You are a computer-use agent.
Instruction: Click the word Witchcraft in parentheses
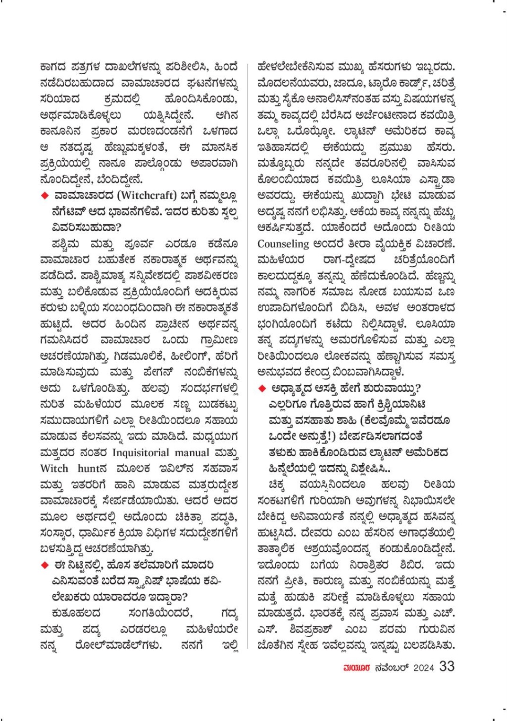click(147, 195)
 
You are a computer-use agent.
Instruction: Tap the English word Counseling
click(283, 244)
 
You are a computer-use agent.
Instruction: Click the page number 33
click(446, 666)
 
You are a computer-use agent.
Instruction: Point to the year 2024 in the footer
click(423, 668)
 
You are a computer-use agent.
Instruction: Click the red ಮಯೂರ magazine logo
click(357, 668)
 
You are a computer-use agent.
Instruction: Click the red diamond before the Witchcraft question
click(45, 195)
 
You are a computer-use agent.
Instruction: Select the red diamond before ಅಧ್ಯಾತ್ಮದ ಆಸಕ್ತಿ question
click(262, 389)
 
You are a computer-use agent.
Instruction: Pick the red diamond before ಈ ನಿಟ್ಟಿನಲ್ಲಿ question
click(45, 565)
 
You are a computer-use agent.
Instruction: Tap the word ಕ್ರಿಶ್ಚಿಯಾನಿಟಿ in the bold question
click(396, 405)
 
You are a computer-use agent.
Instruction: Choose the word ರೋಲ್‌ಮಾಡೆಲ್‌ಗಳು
click(118, 645)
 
